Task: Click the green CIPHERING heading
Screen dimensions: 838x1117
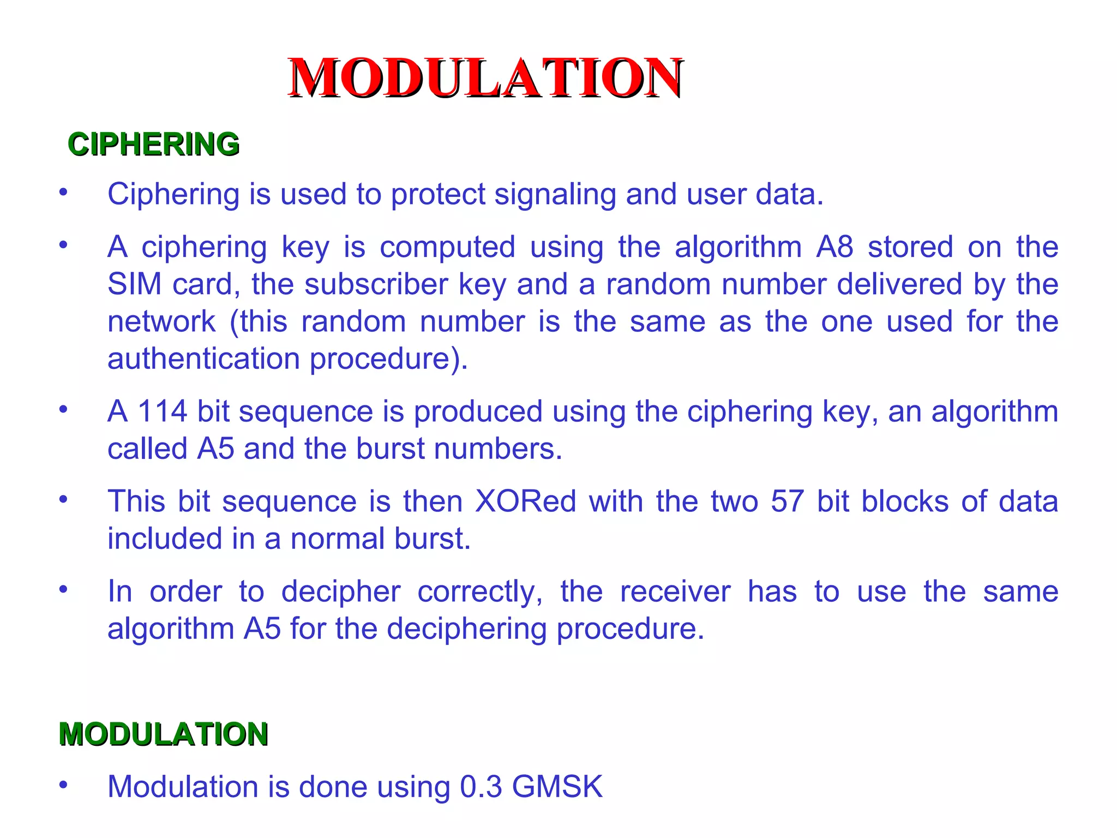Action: pyautogui.click(x=153, y=145)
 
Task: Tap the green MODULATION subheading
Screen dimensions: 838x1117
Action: pyautogui.click(x=163, y=734)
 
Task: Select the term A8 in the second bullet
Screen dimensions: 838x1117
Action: pyautogui.click(x=834, y=247)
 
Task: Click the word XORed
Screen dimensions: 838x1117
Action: pyautogui.click(x=525, y=501)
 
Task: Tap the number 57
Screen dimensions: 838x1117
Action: pyautogui.click(x=787, y=501)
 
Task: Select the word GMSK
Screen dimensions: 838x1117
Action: pyautogui.click(x=557, y=786)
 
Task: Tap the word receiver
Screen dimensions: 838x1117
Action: pyautogui.click(x=675, y=591)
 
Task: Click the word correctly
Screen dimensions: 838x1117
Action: pyautogui.click(x=481, y=592)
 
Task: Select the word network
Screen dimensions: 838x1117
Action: pyautogui.click(x=161, y=321)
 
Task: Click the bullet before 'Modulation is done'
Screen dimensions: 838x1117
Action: pyautogui.click(x=64, y=785)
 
